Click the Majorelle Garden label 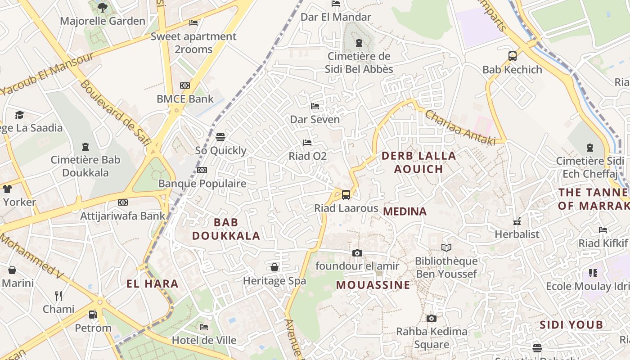(103, 21)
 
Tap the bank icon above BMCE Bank (185, 85)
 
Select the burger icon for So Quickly (220, 137)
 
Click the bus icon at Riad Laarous (346, 195)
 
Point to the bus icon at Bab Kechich (512, 56)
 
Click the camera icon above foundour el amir (357, 253)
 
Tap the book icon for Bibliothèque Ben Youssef (446, 247)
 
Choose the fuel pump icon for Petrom (93, 315)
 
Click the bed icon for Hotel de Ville (204, 327)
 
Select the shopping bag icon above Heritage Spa (274, 268)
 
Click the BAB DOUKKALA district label (226, 229)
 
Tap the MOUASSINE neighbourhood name (373, 285)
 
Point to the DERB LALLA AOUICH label (418, 162)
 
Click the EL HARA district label (153, 284)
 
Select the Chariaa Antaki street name (460, 128)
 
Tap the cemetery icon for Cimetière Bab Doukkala (85, 147)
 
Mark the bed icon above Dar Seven (315, 106)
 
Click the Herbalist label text (517, 234)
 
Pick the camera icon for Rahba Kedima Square (431, 319)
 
